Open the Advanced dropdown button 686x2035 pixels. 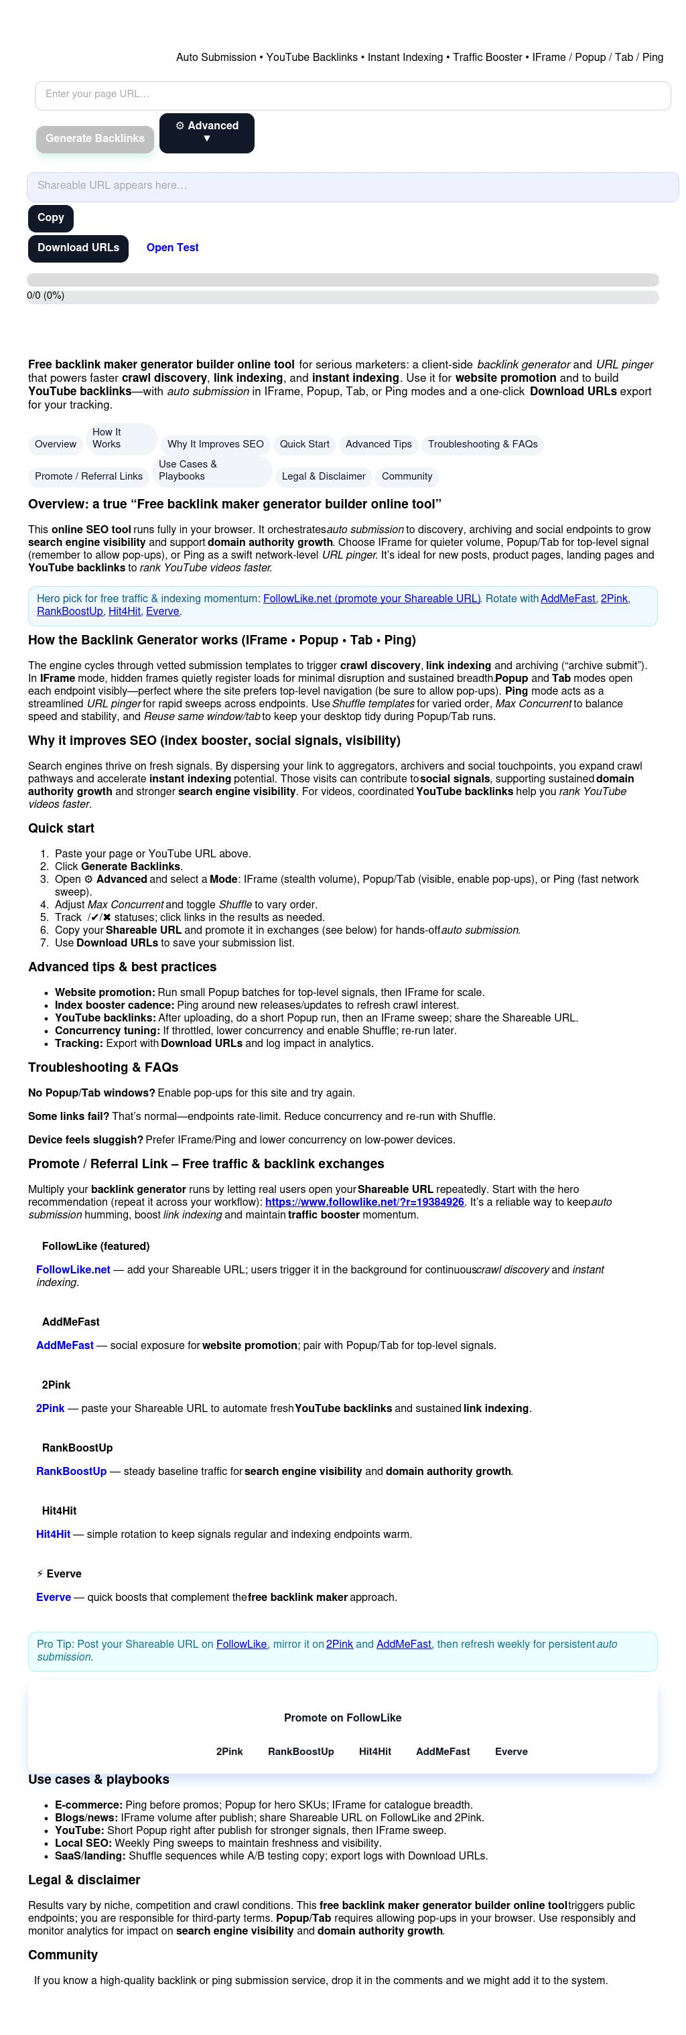tap(206, 132)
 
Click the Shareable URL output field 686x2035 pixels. tap(352, 186)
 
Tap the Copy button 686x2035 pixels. tap(51, 218)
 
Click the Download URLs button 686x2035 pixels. tap(78, 248)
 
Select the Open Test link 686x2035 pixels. tap(172, 248)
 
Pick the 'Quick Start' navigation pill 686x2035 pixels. tap(304, 445)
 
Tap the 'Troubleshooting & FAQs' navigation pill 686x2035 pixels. tap(482, 445)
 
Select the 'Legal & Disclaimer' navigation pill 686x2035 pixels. tap(324, 476)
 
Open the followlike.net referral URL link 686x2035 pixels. tap(364, 1202)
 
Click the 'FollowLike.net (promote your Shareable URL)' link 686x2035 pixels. tap(371, 599)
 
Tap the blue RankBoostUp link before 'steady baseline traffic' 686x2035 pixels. tap(71, 1472)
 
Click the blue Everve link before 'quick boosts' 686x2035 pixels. tap(54, 1598)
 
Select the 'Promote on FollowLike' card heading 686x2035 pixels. tap(342, 1717)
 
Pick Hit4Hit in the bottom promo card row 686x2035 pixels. tap(374, 1752)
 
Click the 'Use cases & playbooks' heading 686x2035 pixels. tap(98, 1779)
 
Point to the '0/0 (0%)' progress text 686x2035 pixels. tap(46, 295)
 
